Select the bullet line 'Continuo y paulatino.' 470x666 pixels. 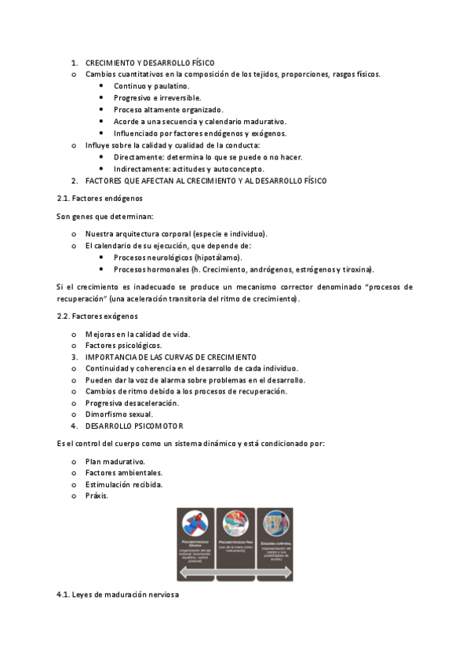151,86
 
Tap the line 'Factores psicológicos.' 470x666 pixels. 123,345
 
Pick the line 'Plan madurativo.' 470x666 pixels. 115,461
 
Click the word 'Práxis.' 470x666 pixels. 97,496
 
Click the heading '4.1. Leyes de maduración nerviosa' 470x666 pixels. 117,595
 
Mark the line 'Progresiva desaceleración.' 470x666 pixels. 133,402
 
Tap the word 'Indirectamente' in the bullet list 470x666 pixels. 141,168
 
